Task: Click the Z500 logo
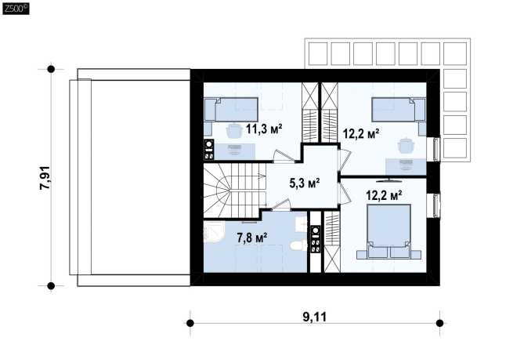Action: point(16,8)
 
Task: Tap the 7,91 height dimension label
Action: point(45,178)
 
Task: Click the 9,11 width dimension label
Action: point(314,317)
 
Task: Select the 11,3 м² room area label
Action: point(264,129)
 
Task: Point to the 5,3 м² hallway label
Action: point(304,183)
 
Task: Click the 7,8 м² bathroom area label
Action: point(252,238)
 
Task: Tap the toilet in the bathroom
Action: point(298,245)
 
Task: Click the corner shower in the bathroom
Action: point(214,231)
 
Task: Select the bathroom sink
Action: point(301,223)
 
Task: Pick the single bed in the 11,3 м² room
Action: point(231,110)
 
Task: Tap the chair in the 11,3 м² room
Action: point(233,129)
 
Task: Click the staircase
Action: point(234,190)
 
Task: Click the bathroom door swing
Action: point(280,204)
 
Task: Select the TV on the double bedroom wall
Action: point(388,180)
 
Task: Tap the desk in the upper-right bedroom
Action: point(406,167)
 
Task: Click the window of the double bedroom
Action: point(436,205)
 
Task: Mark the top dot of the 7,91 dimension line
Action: point(51,69)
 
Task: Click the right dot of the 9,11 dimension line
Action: point(439,323)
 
